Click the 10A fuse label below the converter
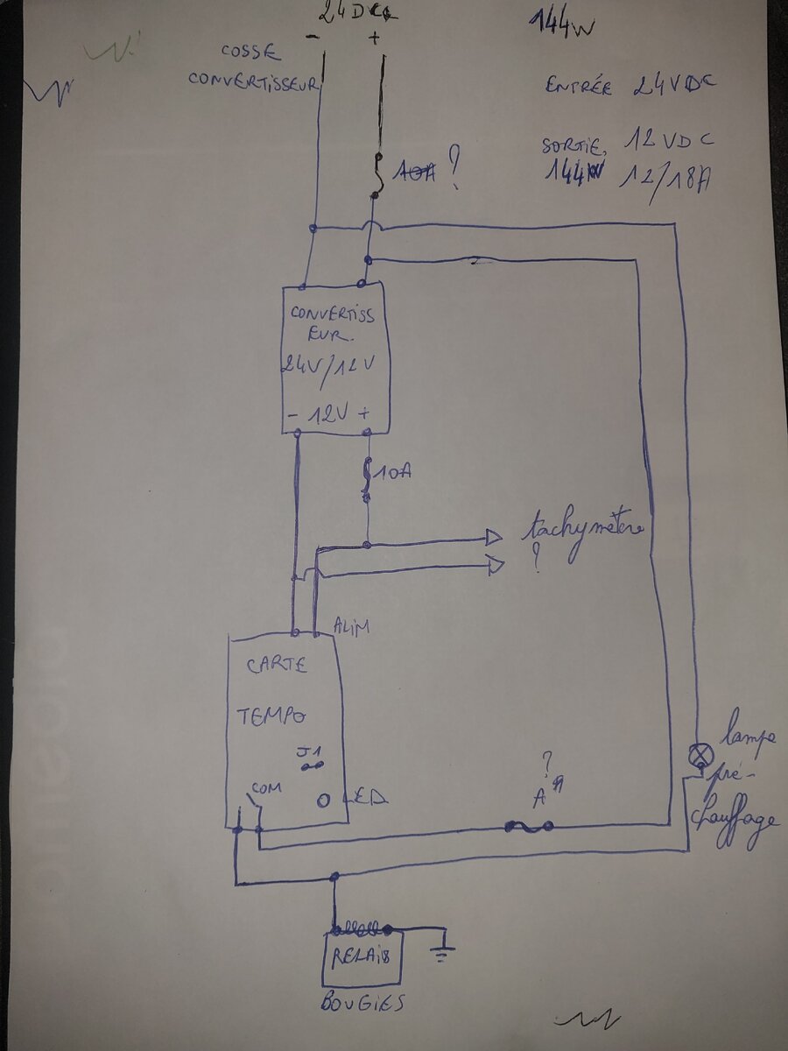click(393, 474)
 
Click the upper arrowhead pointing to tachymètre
click(493, 536)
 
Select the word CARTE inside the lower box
click(276, 666)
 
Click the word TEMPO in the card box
click(271, 716)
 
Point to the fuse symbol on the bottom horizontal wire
click(529, 825)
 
